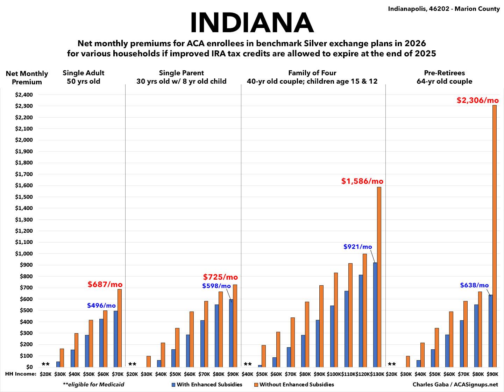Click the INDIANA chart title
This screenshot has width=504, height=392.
click(x=251, y=23)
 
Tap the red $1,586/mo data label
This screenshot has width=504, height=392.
click(x=362, y=181)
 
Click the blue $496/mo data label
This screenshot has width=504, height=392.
click(x=101, y=306)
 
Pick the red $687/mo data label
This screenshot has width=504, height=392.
click(x=105, y=284)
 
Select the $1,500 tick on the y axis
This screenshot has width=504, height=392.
click(x=24, y=197)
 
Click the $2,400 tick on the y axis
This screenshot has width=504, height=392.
click(x=24, y=95)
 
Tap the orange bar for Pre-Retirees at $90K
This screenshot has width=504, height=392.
click(x=494, y=236)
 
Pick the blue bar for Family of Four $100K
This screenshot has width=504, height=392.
click(x=332, y=336)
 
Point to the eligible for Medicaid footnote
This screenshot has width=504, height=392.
click(x=93, y=384)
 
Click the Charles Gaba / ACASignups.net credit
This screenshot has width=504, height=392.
click(x=455, y=384)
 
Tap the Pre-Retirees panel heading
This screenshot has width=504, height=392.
click(x=444, y=77)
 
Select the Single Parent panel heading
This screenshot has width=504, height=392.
click(x=181, y=77)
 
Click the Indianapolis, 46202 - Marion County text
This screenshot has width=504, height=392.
click(x=443, y=9)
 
